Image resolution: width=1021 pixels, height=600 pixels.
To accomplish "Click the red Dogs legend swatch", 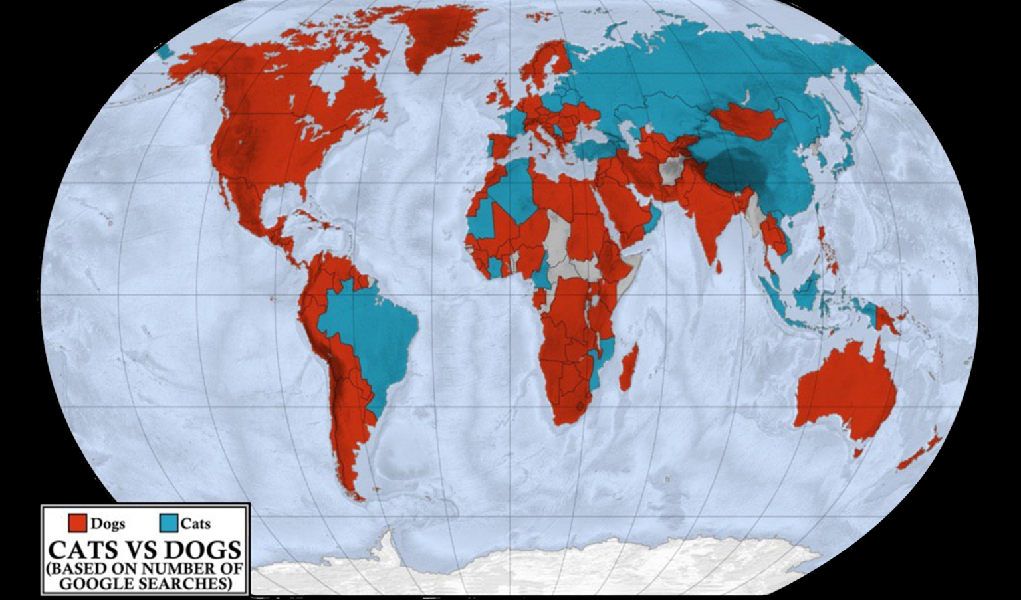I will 78,523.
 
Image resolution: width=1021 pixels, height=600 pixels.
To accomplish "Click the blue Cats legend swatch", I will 169,523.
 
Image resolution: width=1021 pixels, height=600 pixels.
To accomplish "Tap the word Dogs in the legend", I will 108,524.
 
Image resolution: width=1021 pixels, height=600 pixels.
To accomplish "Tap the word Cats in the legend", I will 195,524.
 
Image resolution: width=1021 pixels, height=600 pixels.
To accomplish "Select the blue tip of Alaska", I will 164,50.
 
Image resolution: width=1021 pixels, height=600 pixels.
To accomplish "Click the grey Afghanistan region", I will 673,170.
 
